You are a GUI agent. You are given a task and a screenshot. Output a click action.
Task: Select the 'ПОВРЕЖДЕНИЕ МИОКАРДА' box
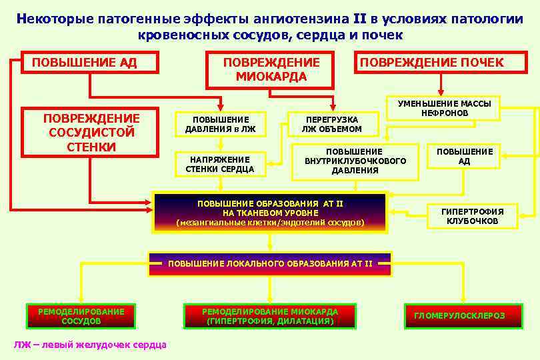coord(271,69)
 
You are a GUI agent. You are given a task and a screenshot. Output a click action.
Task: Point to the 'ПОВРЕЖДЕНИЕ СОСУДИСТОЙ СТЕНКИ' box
coord(91,132)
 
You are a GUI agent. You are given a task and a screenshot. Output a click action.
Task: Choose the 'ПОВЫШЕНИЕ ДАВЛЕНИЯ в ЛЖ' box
coord(220,124)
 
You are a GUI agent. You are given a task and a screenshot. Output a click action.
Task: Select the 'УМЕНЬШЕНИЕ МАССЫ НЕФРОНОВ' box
coord(444,108)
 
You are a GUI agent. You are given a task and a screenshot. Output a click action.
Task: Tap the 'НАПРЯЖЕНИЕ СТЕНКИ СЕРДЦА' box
coord(220,164)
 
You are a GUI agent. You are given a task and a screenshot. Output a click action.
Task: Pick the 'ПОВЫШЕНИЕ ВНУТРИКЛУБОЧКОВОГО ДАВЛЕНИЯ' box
coord(355,161)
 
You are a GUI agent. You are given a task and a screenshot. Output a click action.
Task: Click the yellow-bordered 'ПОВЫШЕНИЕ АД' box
coord(464,157)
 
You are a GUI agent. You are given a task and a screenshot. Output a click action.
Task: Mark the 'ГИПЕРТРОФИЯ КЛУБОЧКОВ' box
coord(472,216)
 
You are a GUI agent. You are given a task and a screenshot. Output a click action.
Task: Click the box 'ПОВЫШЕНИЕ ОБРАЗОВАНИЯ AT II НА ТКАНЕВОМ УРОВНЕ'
coord(270,212)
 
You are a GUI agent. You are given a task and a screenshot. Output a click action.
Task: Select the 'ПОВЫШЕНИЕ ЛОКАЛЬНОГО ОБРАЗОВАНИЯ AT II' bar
coord(270,263)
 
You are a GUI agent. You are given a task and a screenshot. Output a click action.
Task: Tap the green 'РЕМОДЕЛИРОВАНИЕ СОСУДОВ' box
coord(81,316)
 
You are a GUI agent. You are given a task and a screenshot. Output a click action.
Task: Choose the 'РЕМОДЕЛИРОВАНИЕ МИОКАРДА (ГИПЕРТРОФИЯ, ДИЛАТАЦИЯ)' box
coord(270,316)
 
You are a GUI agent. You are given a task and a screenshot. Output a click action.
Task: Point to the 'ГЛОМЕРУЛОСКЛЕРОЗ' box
coord(459,316)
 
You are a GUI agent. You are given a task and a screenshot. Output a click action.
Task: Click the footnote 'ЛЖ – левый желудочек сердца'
coord(90,345)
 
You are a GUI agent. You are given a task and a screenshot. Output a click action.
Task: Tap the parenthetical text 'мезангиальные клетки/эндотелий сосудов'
coord(270,222)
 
